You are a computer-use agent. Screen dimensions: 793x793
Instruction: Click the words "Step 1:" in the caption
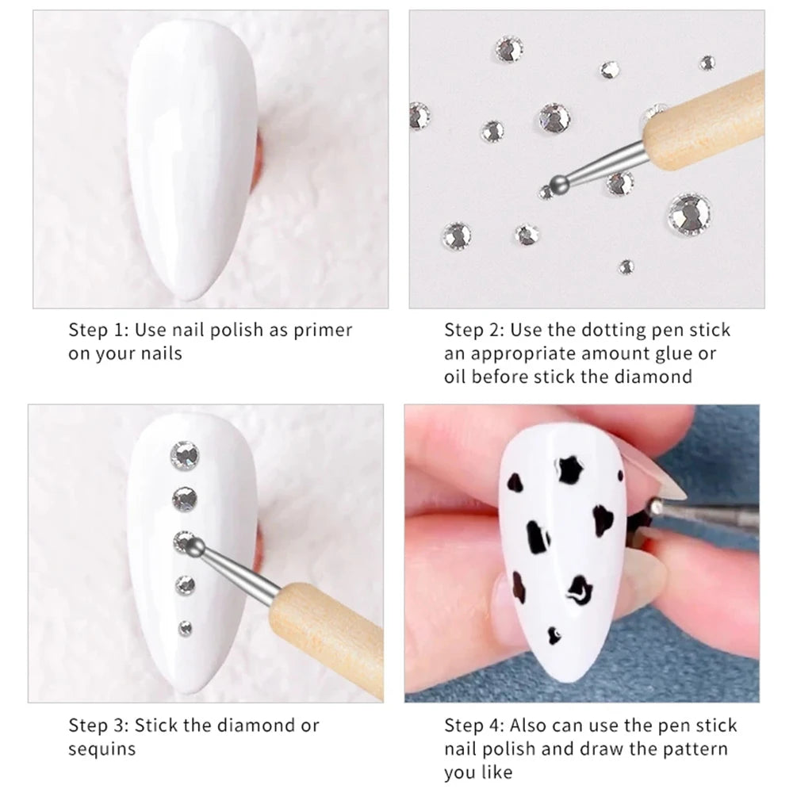99,330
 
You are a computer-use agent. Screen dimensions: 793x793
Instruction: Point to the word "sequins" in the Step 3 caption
102,750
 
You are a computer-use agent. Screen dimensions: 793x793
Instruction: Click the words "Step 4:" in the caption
474,726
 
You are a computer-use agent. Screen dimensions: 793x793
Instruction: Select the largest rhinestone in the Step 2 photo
689,213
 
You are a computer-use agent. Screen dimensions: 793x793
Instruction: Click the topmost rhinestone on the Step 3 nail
185,454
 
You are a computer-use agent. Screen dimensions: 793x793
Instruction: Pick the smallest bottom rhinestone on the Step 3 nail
185,628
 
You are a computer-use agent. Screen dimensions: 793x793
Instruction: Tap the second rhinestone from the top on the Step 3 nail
185,499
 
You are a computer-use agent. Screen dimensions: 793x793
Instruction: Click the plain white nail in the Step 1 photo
192,159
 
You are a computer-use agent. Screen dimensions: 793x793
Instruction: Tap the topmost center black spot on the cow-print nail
569,469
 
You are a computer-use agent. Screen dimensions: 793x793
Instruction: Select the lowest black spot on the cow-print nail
555,635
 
